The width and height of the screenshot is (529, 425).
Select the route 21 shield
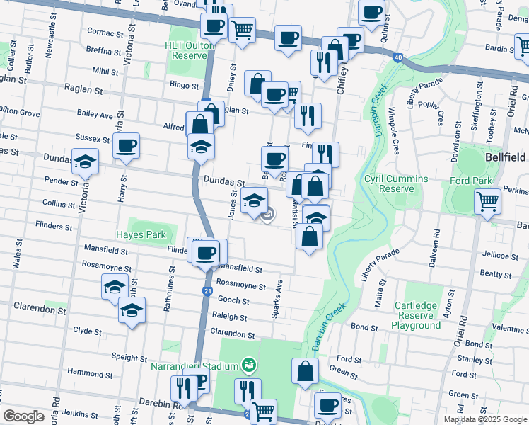(x=207, y=291)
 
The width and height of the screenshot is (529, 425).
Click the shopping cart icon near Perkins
(x=488, y=203)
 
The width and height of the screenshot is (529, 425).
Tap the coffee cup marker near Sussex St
(x=127, y=147)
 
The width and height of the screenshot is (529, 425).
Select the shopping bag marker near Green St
(x=305, y=372)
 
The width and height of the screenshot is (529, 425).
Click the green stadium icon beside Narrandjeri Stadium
(x=249, y=365)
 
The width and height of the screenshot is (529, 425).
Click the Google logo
(x=23, y=416)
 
